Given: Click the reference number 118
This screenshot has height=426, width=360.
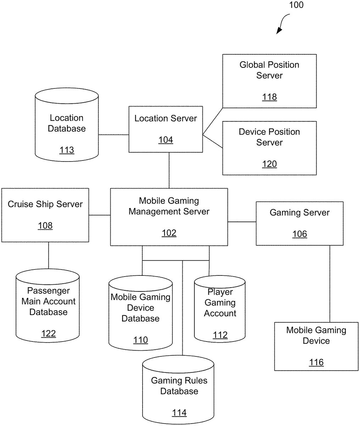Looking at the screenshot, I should tap(269, 97).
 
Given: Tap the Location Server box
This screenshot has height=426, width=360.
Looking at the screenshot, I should tap(166, 129).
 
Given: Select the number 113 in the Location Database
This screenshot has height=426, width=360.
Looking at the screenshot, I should tap(67, 150).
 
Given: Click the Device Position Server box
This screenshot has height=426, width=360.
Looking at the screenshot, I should tap(269, 148).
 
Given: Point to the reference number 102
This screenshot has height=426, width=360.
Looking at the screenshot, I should tap(169, 233).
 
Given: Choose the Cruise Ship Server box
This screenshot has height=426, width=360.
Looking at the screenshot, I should tap(45, 215).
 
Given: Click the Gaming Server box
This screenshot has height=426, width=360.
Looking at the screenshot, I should tap(300, 223).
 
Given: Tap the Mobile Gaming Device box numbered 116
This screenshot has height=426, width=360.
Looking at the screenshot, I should tap(316, 346).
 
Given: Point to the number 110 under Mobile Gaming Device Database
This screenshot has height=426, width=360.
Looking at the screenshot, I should tap(140, 340).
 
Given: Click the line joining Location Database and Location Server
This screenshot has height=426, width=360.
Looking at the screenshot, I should tap(113, 135).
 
